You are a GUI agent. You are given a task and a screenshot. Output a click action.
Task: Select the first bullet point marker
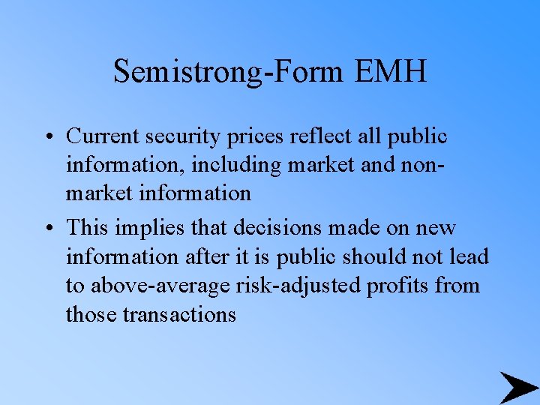tap(47, 137)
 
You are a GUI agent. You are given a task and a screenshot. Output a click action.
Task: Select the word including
tap(236, 165)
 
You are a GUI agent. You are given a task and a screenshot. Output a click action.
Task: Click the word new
tap(436, 228)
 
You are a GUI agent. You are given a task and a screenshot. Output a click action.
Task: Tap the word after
tap(203, 256)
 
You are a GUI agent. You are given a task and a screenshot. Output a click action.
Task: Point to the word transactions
tap(179, 313)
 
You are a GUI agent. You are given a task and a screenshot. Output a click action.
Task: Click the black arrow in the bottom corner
tap(517, 387)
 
